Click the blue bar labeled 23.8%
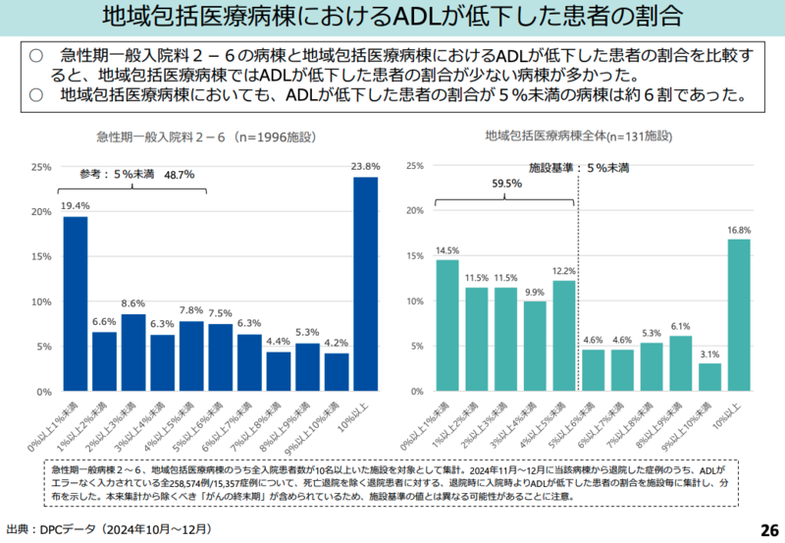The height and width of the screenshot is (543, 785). point(365,285)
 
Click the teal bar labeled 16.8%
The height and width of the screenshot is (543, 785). point(738,315)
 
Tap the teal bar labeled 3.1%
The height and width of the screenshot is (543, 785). point(709,378)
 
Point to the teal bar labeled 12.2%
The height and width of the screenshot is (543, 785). point(563,337)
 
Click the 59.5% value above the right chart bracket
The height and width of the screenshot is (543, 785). point(507,183)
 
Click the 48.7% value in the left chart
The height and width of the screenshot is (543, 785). point(180,175)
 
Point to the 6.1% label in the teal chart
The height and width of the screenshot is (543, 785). point(680,326)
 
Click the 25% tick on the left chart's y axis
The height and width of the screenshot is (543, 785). point(41,167)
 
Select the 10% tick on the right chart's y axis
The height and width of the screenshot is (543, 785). point(413,301)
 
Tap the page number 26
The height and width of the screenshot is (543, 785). point(768,530)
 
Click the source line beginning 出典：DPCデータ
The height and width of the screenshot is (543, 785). point(108,529)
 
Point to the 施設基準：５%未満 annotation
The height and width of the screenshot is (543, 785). point(579,168)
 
